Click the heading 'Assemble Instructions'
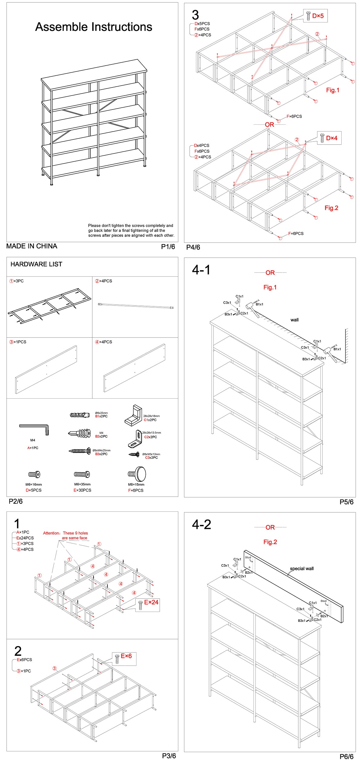[x=93, y=27]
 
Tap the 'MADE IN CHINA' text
[x=32, y=246]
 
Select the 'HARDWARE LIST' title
[x=36, y=264]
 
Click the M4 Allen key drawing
[x=34, y=429]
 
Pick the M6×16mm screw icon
[x=34, y=474]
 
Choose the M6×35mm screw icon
[x=82, y=474]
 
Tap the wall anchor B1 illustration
[x=80, y=415]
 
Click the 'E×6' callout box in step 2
[x=124, y=658]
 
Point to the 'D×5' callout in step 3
[x=315, y=16]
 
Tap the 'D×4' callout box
[x=329, y=138]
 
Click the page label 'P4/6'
[x=193, y=247]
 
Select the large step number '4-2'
[x=201, y=524]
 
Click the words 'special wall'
[x=302, y=568]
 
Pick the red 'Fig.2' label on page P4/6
[x=331, y=208]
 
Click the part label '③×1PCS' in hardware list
[x=18, y=342]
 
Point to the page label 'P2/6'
[x=16, y=501]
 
